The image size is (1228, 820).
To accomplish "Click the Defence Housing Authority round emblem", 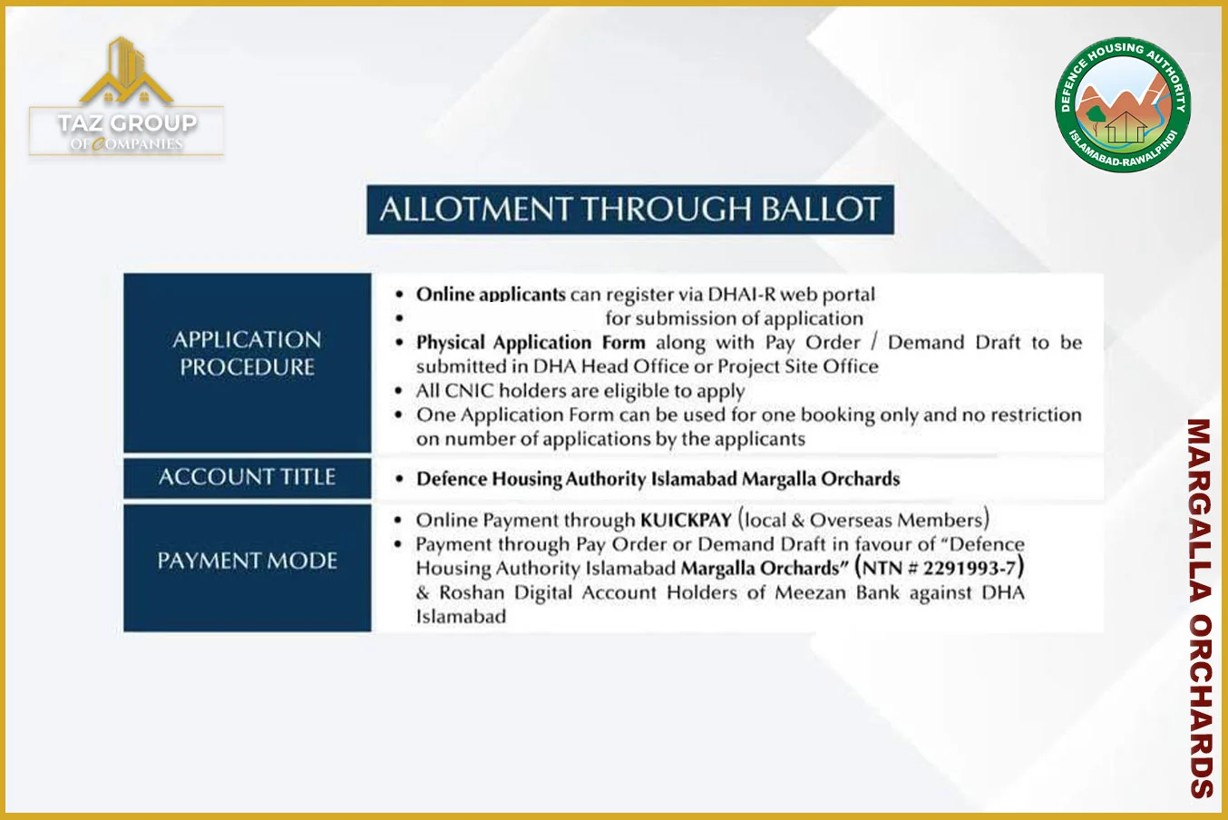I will click(1123, 104).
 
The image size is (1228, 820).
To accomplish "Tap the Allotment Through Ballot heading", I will click(630, 210).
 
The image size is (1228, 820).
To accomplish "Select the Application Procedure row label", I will click(247, 353).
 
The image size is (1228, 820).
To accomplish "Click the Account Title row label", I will click(247, 477).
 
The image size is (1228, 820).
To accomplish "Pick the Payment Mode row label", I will click(247, 561).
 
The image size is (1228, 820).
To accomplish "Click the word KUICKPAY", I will click(686, 521).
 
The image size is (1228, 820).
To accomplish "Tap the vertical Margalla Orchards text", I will click(1201, 607).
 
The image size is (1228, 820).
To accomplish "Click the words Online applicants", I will click(491, 295).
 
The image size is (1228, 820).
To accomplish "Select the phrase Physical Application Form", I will click(531, 343).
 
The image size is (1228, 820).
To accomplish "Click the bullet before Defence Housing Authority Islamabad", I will click(399, 479).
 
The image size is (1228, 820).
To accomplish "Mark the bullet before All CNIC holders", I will click(399, 392).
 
